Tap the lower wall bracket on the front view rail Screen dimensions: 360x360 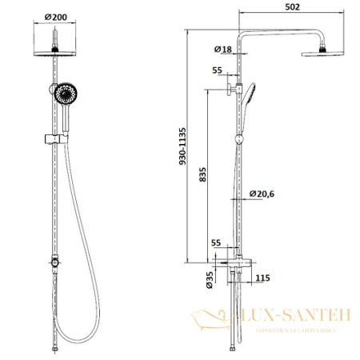pyautogui.click(x=54, y=262)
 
